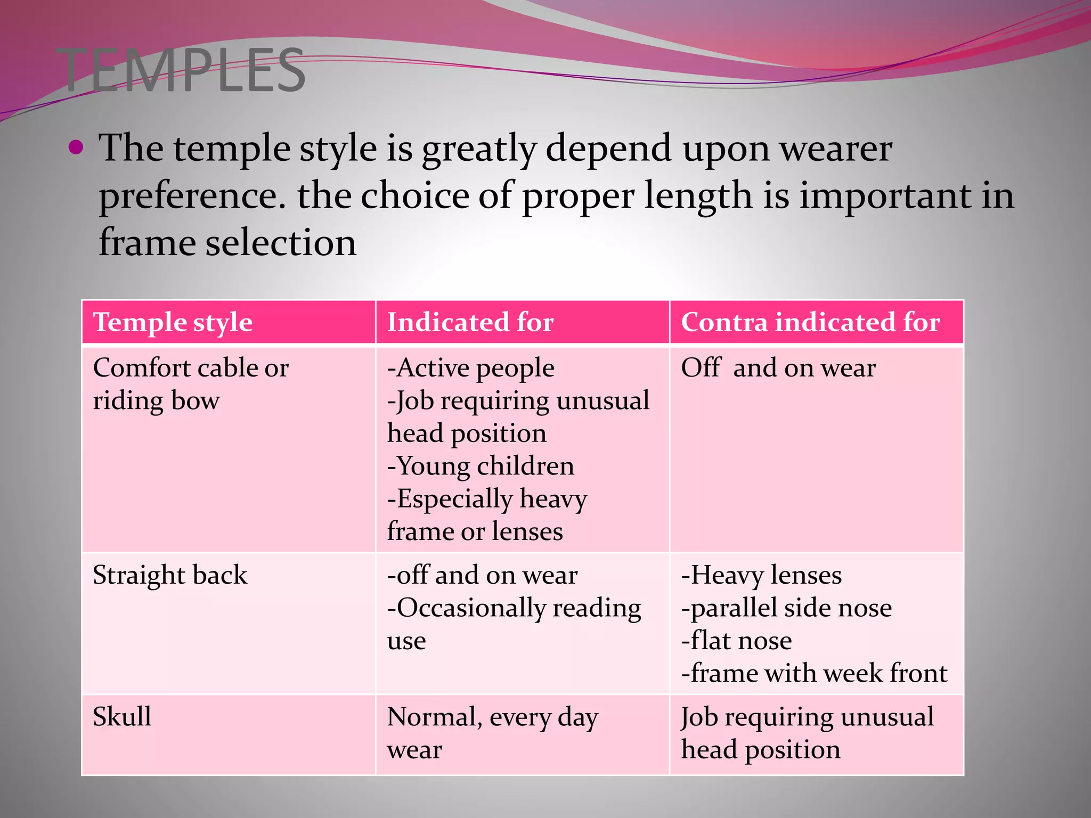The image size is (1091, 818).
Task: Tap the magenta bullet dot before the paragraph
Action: coord(76,148)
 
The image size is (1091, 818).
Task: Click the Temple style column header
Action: coord(173,322)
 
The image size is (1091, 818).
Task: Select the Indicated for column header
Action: coord(470,322)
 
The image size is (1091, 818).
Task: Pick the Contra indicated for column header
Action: coord(810,322)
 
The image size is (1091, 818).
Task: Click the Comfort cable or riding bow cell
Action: coord(191,384)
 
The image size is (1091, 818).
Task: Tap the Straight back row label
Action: coord(170,575)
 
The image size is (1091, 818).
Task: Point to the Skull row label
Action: coord(122,716)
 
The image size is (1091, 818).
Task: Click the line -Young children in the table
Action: coord(481,466)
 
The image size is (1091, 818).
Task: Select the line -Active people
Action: coord(471,368)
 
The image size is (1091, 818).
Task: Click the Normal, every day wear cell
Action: coord(492,733)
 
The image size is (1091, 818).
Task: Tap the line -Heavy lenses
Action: coord(761,575)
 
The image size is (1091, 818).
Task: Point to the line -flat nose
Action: coord(736,641)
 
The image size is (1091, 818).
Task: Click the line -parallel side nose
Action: coord(786,608)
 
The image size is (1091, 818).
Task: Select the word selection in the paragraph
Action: coord(281,243)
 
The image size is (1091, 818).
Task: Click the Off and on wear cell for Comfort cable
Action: coord(778,368)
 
